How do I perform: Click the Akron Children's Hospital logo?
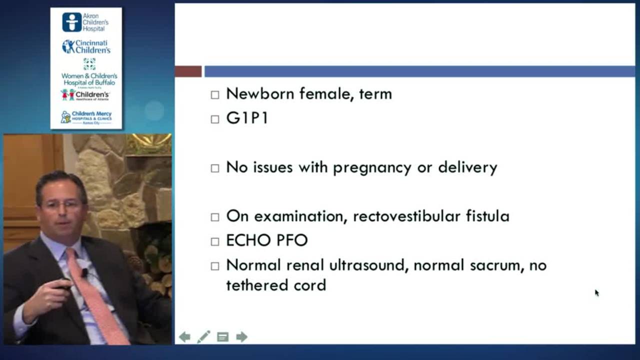pyautogui.click(x=85, y=22)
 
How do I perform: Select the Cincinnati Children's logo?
pyautogui.click(x=85, y=46)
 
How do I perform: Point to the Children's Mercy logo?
pyautogui.click(x=85, y=117)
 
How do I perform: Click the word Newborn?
pyautogui.click(x=260, y=93)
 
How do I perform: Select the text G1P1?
pyautogui.click(x=247, y=118)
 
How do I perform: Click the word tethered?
pyautogui.click(x=255, y=285)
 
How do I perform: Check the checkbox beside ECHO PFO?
pyautogui.click(x=215, y=241)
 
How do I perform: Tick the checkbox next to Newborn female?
pyautogui.click(x=215, y=94)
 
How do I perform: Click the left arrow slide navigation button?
pyautogui.click(x=184, y=337)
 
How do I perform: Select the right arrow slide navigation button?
pyautogui.click(x=242, y=337)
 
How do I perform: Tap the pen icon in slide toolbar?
pyautogui.click(x=203, y=337)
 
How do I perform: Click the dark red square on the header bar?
pyautogui.click(x=188, y=71)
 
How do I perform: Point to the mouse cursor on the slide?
pyautogui.click(x=596, y=292)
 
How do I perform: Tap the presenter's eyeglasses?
pyautogui.click(x=61, y=204)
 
